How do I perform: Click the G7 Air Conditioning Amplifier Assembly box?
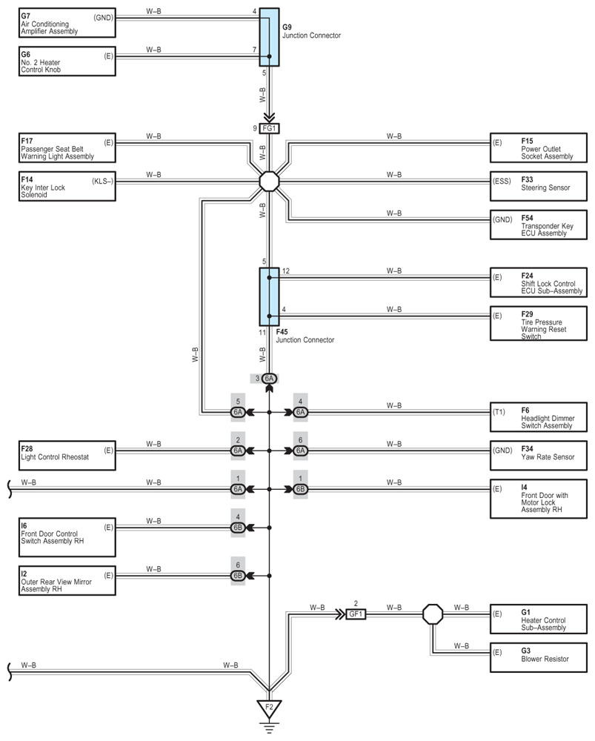tap(67, 23)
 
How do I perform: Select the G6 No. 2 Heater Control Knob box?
tap(67, 61)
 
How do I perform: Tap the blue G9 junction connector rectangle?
tap(270, 37)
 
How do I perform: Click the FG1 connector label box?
tap(270, 128)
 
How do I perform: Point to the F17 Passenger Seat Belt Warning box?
tap(67, 148)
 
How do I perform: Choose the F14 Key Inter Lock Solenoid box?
tap(67, 186)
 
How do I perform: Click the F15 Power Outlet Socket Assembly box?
tap(539, 148)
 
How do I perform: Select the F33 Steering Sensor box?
tap(539, 186)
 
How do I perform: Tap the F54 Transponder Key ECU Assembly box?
tap(539, 225)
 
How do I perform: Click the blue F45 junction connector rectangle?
tap(270, 297)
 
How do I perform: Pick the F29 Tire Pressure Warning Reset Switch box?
tap(539, 323)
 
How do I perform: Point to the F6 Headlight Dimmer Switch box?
tap(539, 417)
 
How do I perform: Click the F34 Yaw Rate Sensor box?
tap(539, 456)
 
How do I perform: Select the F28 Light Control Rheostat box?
tap(67, 456)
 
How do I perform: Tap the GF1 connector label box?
tap(356, 614)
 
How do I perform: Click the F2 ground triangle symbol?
tap(270, 708)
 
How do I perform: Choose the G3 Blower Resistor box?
tap(539, 657)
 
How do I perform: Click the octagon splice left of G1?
tap(433, 614)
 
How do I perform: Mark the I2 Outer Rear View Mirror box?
tap(67, 580)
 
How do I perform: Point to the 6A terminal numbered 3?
tap(269, 379)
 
